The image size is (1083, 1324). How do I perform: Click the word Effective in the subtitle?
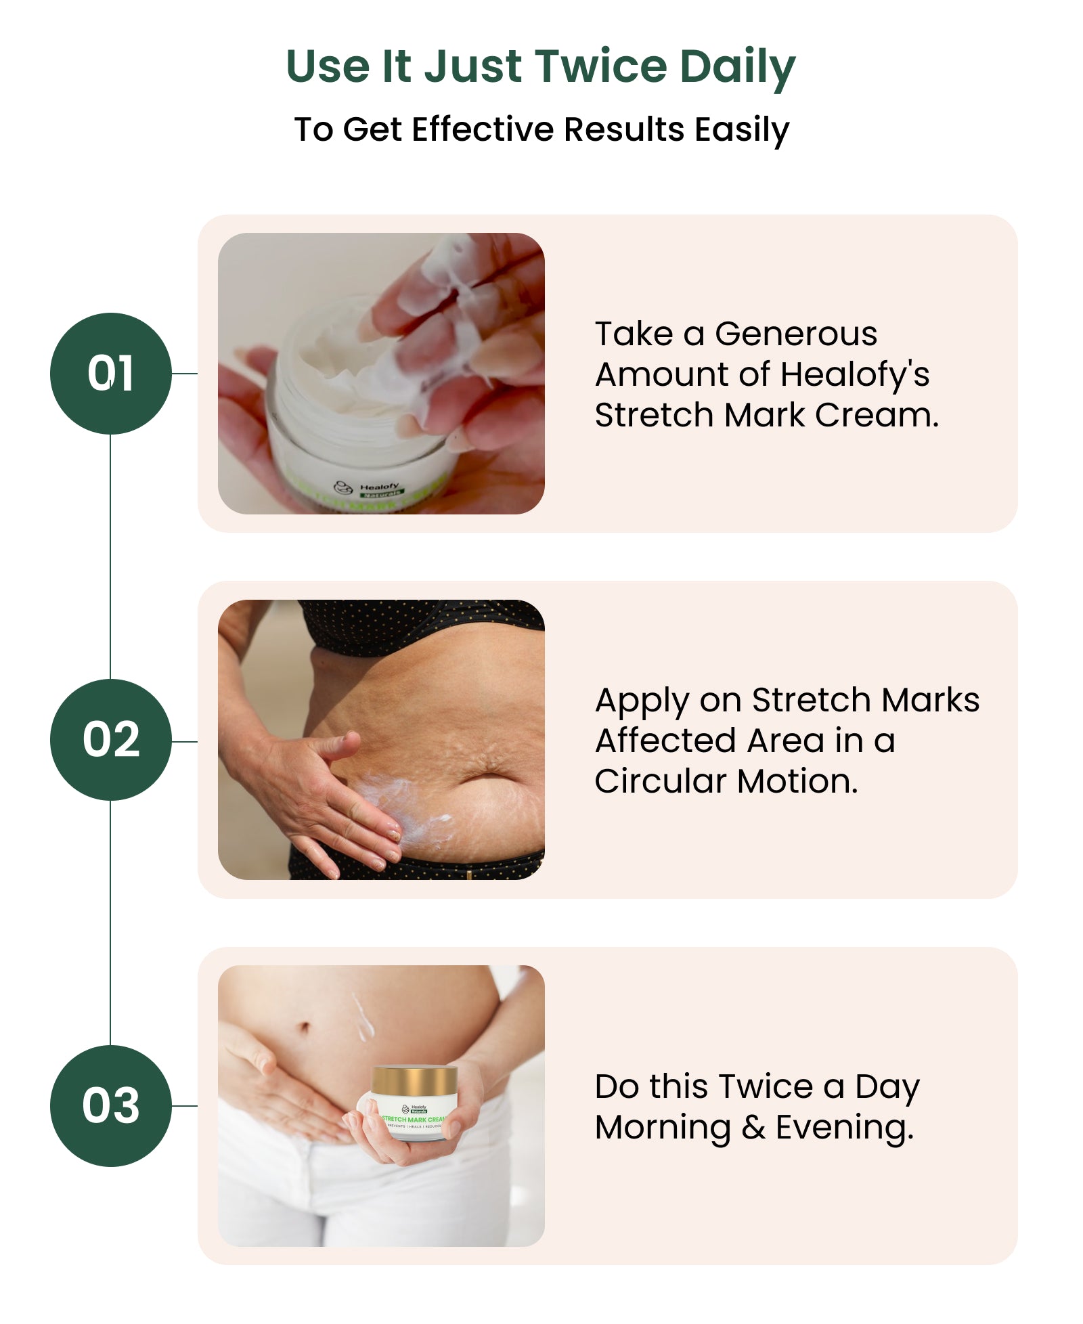pyautogui.click(x=483, y=129)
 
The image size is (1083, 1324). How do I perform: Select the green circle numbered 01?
pyautogui.click(x=110, y=373)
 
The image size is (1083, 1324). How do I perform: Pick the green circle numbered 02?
pyautogui.click(x=110, y=739)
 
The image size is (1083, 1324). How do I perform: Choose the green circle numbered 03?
pyautogui.click(x=110, y=1105)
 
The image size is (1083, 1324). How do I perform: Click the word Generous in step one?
pyautogui.click(x=795, y=334)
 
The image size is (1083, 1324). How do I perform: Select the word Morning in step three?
pyautogui.click(x=663, y=1127)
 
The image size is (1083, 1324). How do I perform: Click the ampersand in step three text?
pyautogui.click(x=753, y=1127)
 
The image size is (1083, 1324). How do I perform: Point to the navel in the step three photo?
pyautogui.click(x=304, y=1028)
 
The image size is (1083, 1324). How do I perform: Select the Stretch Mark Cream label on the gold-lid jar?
pyautogui.click(x=413, y=1120)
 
